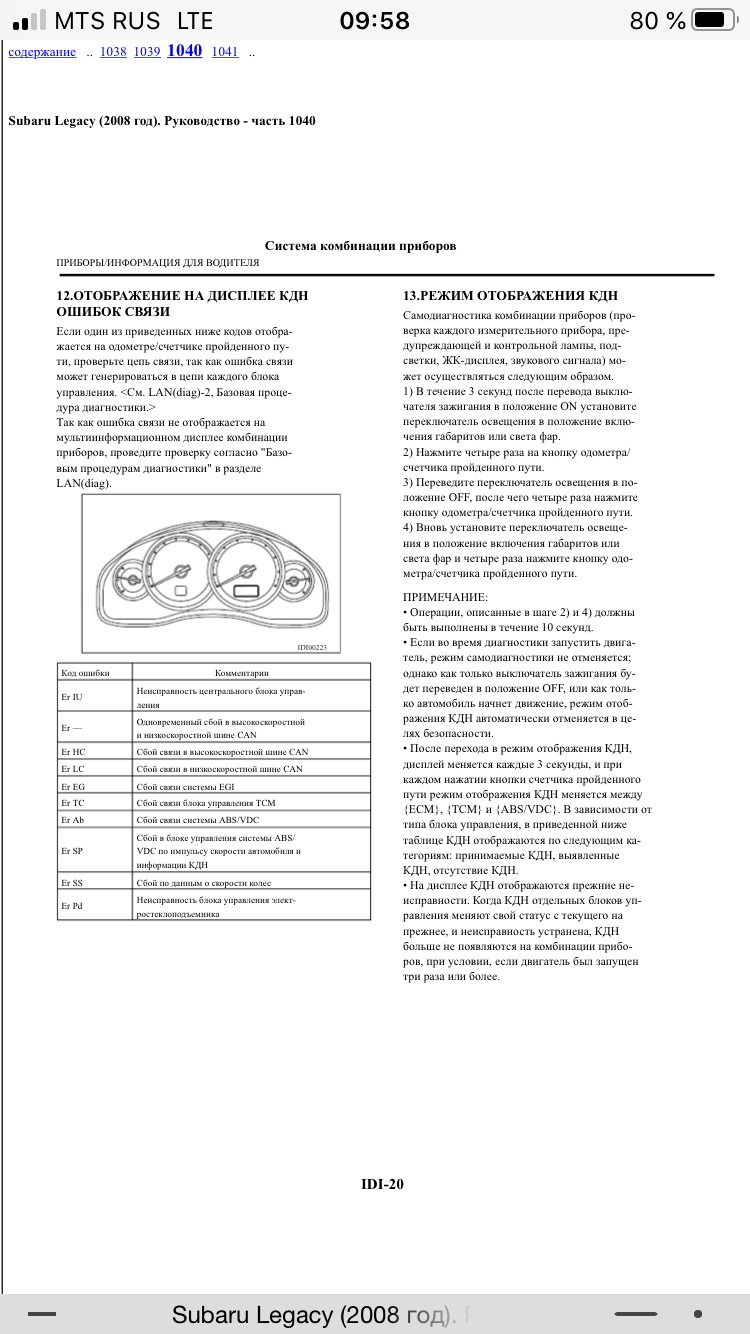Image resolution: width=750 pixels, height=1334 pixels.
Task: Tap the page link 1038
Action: click(x=113, y=52)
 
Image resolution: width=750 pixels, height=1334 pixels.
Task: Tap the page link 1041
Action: click(x=225, y=52)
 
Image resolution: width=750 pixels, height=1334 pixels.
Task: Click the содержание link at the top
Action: click(x=42, y=52)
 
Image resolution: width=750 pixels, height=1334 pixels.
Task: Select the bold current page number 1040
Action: click(x=184, y=51)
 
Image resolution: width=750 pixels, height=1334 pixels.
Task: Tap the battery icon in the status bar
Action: click(x=713, y=20)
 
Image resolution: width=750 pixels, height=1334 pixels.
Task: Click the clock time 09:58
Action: click(x=374, y=20)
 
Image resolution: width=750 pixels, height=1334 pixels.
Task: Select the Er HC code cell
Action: click(x=73, y=752)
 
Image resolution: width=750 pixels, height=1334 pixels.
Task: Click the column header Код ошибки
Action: click(x=85, y=673)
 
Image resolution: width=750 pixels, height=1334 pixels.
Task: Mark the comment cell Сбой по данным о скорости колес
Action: click(x=204, y=883)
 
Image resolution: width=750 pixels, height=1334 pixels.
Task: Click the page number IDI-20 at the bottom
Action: click(x=382, y=1185)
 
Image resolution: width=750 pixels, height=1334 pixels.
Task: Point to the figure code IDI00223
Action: click(x=312, y=647)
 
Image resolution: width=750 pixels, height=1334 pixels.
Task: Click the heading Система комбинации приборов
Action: click(x=360, y=245)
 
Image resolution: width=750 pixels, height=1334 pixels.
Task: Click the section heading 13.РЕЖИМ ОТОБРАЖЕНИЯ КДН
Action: click(x=510, y=296)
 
